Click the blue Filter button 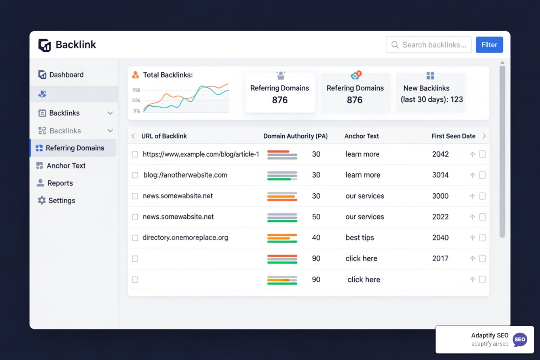tap(489, 45)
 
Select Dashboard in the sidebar tap(66, 75)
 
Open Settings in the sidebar tap(61, 200)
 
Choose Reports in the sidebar tap(60, 183)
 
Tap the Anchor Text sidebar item tap(66, 166)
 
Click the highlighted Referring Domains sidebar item tap(75, 148)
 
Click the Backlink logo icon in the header tap(45, 45)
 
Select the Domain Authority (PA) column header tap(295, 136)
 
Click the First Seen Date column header tap(453, 136)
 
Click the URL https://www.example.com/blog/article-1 tap(201, 154)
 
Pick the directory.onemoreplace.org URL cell tap(185, 238)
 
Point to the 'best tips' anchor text tap(360, 238)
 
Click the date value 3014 tap(440, 175)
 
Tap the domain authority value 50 tap(316, 217)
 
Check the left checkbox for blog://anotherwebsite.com tap(135, 175)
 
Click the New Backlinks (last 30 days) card tap(431, 93)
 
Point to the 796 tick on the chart tap(136, 90)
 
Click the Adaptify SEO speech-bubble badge tap(520, 340)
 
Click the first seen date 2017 tap(440, 259)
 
